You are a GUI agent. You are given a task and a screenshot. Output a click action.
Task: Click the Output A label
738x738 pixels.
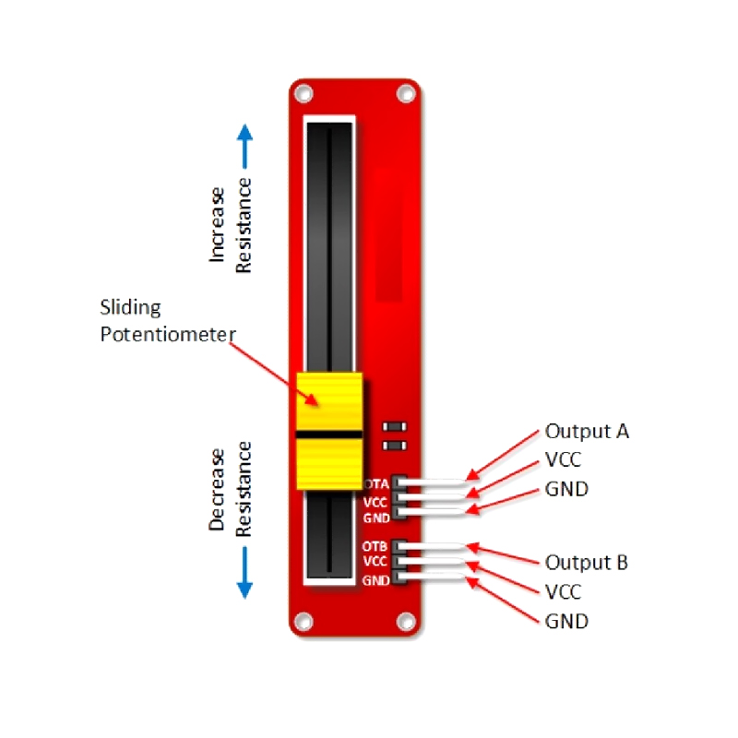[587, 431]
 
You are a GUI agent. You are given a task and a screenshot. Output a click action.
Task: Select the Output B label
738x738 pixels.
[587, 562]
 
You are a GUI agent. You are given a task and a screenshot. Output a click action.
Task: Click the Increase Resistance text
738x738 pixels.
[231, 226]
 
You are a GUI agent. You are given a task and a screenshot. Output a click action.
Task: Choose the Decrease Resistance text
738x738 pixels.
[231, 489]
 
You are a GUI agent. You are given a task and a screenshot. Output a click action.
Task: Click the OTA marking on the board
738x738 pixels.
[375, 483]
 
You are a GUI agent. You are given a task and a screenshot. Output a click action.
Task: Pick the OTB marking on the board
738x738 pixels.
[375, 546]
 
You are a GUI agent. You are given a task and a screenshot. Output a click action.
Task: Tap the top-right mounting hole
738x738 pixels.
[404, 93]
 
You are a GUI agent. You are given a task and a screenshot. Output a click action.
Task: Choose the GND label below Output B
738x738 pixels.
[566, 621]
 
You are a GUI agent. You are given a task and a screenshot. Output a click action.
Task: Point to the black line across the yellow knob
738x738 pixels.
[329, 433]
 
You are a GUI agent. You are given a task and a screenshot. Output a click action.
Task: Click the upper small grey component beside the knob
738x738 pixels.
[396, 427]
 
